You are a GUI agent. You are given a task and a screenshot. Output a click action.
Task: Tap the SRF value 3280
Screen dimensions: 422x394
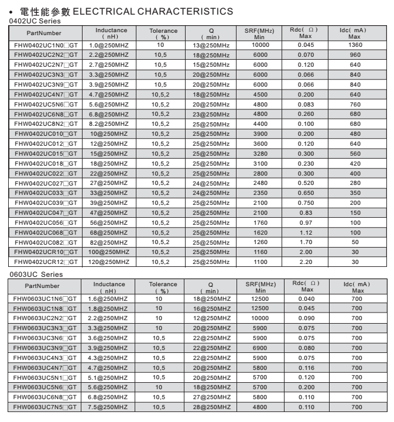261,153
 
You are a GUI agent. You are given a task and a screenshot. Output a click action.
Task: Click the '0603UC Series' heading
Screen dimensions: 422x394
37,274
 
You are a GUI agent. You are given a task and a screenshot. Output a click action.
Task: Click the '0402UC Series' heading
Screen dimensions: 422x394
36,21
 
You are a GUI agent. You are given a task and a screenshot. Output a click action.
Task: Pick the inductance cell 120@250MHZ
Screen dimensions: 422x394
109,262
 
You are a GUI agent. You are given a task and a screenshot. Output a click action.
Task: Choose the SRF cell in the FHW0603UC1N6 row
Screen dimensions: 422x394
261,299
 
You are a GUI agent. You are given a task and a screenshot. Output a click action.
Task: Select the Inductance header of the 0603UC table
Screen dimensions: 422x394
109,286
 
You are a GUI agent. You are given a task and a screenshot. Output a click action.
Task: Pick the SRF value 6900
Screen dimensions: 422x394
261,348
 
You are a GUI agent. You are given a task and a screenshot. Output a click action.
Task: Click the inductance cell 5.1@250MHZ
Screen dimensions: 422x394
109,378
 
